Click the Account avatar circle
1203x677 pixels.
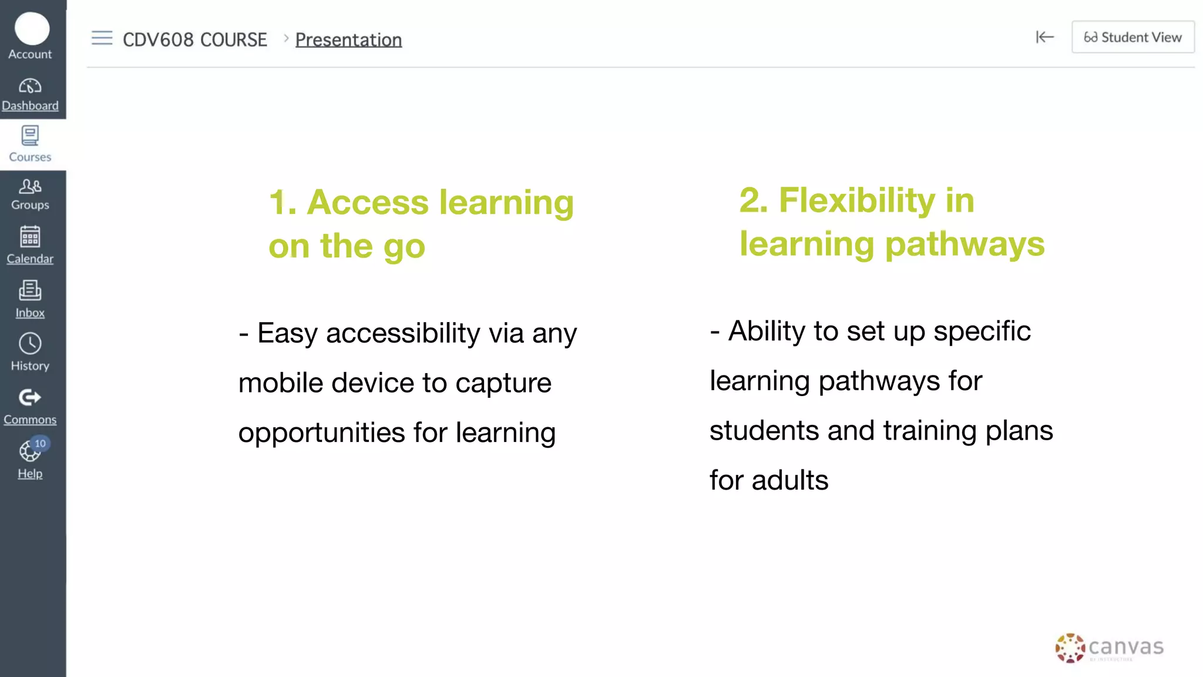point(32,29)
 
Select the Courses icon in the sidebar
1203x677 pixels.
point(30,136)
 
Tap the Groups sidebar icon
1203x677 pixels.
point(30,186)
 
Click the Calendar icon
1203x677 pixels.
point(30,237)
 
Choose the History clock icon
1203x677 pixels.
point(30,344)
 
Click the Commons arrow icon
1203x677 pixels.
point(30,398)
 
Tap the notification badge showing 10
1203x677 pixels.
point(40,444)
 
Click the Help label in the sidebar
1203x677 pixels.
point(30,474)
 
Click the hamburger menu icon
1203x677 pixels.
point(102,38)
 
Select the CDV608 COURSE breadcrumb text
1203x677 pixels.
point(194,40)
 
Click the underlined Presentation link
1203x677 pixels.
point(348,40)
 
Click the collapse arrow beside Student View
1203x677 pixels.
point(1044,37)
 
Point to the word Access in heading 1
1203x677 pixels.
point(368,203)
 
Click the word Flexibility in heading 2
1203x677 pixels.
point(856,200)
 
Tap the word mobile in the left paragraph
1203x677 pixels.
point(281,383)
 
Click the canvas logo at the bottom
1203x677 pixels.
point(1109,648)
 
